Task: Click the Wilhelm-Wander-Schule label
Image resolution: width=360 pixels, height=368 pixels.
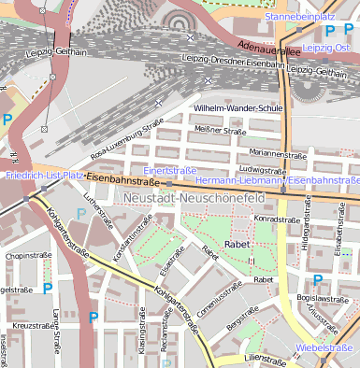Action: [238, 108]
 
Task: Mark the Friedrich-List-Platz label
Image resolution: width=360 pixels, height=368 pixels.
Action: [43, 175]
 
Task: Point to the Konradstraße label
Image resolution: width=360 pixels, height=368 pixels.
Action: [277, 219]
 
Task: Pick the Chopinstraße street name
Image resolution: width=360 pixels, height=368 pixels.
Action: [27, 255]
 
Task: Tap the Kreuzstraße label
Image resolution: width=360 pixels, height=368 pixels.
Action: [31, 325]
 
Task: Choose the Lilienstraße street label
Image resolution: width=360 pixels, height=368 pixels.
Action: [263, 358]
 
